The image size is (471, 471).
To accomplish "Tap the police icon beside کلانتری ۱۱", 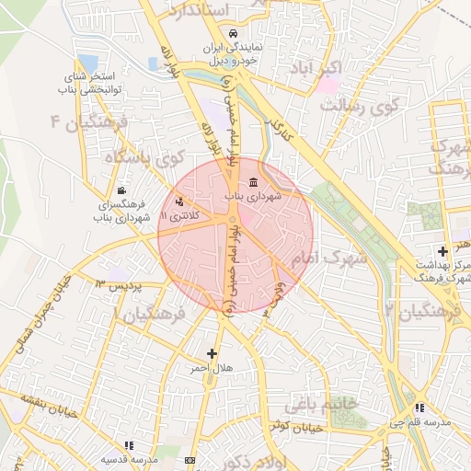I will [178, 199].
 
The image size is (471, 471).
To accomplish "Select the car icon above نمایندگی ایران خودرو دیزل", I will [233, 33].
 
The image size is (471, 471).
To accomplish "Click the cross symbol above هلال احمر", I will [213, 352].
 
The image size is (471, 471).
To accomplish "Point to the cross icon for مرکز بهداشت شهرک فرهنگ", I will [443, 250].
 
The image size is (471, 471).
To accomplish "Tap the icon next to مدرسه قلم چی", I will [419, 408].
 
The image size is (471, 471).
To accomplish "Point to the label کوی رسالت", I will [359, 106].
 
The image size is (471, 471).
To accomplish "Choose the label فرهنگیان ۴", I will [92, 121].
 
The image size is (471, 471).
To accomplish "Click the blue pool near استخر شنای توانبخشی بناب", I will [153, 63].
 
